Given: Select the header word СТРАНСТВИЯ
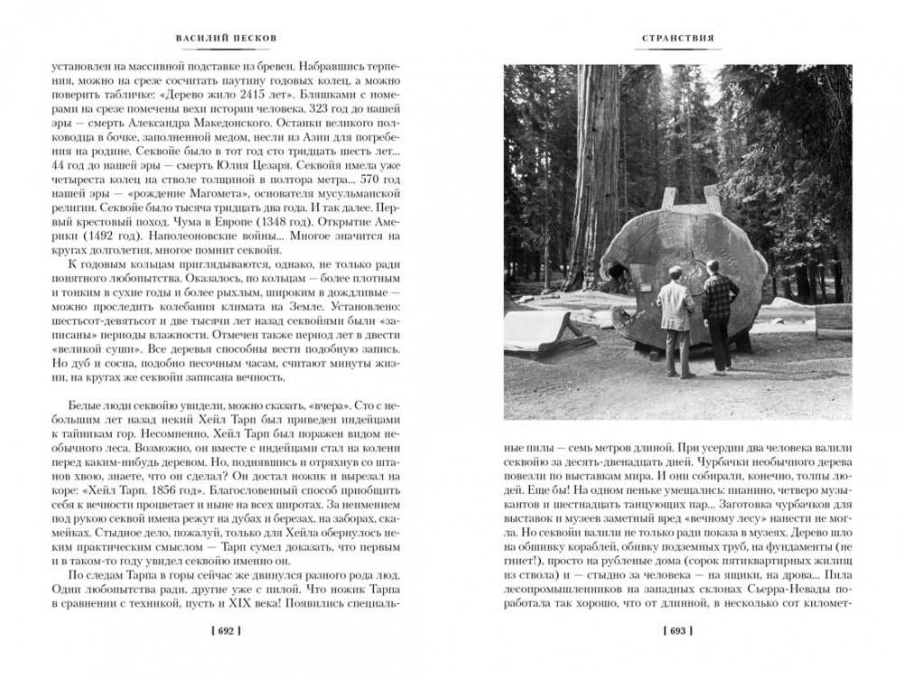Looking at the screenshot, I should click(x=677, y=39).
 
